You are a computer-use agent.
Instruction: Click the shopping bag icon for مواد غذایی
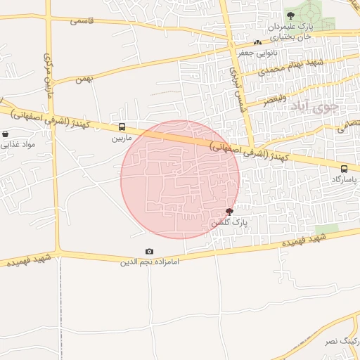pyautogui.click(x=6, y=133)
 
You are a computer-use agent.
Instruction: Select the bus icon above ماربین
pyautogui.click(x=122, y=127)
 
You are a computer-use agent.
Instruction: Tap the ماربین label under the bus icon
pyautogui.click(x=122, y=139)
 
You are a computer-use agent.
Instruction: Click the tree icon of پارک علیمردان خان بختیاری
pyautogui.click(x=290, y=15)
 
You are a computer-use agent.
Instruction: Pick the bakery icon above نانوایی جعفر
pyautogui.click(x=257, y=42)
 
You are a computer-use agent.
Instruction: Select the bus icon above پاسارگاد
pyautogui.click(x=344, y=169)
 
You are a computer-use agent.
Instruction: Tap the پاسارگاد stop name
pyautogui.click(x=344, y=179)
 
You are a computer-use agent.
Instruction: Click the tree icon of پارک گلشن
pyautogui.click(x=230, y=212)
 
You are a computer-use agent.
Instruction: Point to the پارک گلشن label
pyautogui.click(x=230, y=223)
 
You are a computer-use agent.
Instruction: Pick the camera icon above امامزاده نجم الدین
pyautogui.click(x=149, y=252)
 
